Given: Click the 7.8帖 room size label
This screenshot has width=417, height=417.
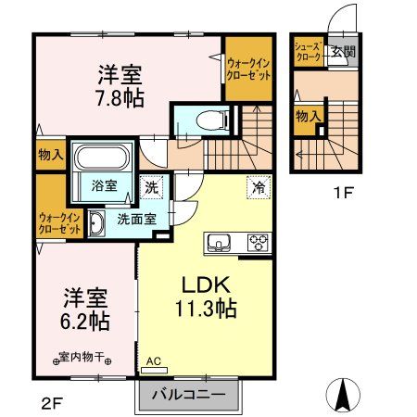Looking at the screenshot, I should coord(122,96).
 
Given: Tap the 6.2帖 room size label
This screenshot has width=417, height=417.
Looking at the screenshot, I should coord(86,322).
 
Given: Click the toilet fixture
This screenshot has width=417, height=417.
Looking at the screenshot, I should coord(200,119).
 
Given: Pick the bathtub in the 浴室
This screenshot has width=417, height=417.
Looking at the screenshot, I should coord(105,157).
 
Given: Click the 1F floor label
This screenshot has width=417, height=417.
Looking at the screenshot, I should coord(344,195).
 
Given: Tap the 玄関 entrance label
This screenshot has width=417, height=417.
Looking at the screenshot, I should coord(345,52).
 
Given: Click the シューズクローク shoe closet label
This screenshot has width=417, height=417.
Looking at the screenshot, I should coord(308,52).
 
